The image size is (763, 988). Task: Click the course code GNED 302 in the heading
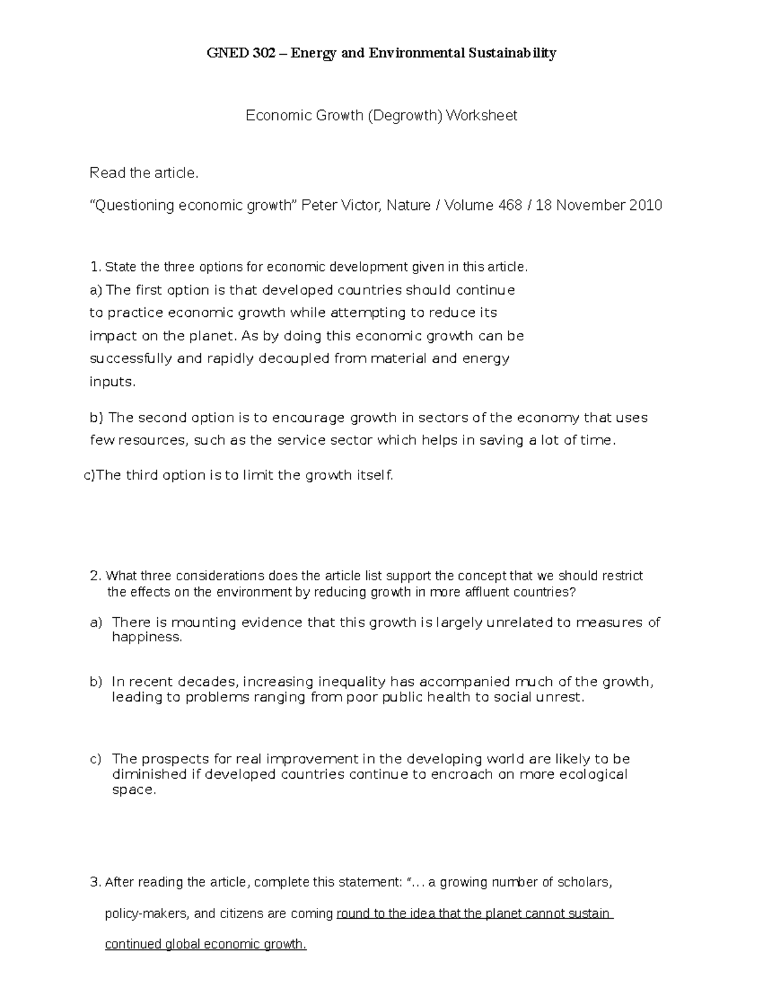pyautogui.click(x=241, y=53)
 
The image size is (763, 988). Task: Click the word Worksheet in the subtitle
pyautogui.click(x=481, y=116)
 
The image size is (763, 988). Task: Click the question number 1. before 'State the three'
pyautogui.click(x=96, y=267)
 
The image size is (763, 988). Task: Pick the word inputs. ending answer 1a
pyautogui.click(x=113, y=382)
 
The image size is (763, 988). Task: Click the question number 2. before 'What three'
pyautogui.click(x=96, y=576)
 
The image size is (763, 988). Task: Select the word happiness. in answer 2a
pyautogui.click(x=147, y=637)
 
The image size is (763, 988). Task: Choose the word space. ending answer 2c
pyautogui.click(x=134, y=790)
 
